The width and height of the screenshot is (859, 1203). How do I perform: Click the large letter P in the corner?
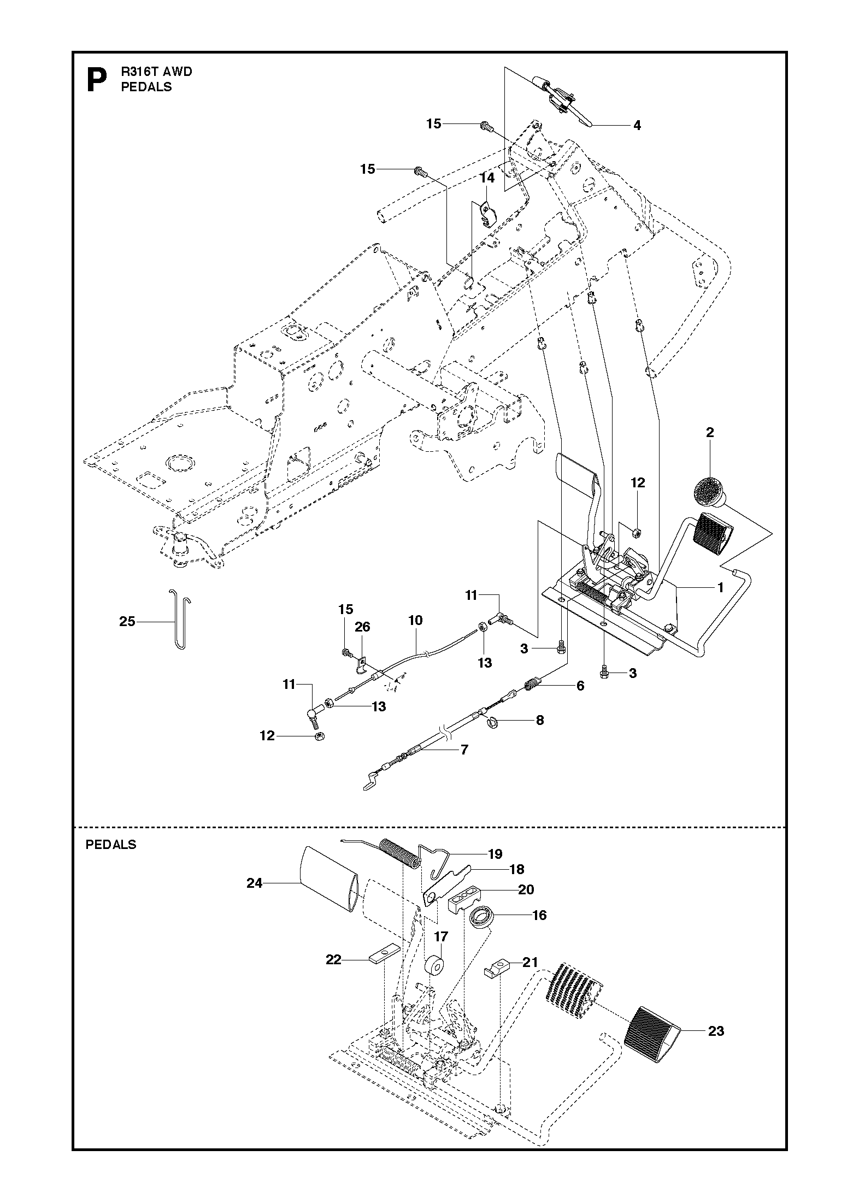97,80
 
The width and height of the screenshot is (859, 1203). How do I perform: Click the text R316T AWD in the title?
157,72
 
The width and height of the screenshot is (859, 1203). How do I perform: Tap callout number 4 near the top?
637,126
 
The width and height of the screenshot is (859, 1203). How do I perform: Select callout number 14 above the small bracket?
487,178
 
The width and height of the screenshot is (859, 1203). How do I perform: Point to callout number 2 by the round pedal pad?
710,433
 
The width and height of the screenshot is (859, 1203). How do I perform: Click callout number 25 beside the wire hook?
127,621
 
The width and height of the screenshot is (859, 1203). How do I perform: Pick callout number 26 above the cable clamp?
362,627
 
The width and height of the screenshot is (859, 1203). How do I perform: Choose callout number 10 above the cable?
415,620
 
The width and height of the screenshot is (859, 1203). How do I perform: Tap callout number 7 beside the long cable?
464,750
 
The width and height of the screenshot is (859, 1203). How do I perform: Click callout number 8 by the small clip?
540,720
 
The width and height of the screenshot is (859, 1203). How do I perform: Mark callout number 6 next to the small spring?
580,685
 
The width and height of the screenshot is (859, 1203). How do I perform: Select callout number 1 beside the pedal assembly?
720,588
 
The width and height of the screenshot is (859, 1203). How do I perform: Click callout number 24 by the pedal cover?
255,883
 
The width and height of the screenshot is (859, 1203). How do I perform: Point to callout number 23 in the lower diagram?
716,1031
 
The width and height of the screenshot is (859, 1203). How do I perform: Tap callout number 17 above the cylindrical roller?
441,937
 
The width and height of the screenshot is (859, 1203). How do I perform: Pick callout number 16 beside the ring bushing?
539,915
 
